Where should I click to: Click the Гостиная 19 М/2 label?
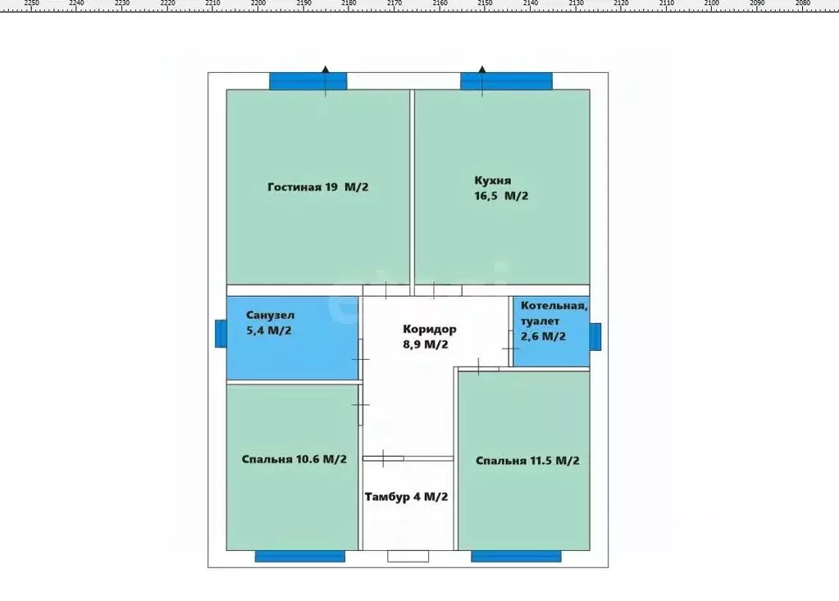[x=318, y=187]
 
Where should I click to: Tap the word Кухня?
[x=492, y=180]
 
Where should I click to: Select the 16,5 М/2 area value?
[x=501, y=196]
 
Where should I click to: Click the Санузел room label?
[x=270, y=316]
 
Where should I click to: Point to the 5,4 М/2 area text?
[x=269, y=330]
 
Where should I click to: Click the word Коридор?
[x=430, y=330]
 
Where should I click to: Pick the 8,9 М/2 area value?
[x=426, y=344]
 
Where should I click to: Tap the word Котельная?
[x=554, y=307]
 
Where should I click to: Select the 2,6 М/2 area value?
[x=543, y=336]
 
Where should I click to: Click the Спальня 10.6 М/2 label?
[x=294, y=459]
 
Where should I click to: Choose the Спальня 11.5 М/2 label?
[x=527, y=461]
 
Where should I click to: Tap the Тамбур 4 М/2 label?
[x=406, y=497]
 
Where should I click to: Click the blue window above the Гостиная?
[x=308, y=81]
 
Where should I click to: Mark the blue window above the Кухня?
[x=506, y=81]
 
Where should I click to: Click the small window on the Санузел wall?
[x=221, y=334]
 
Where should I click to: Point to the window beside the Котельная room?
[x=595, y=337]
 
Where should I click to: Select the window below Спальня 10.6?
[x=300, y=557]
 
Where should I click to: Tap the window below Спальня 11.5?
[x=517, y=557]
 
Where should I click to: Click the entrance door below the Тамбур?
[x=408, y=557]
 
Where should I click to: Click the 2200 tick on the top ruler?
[x=258, y=7]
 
